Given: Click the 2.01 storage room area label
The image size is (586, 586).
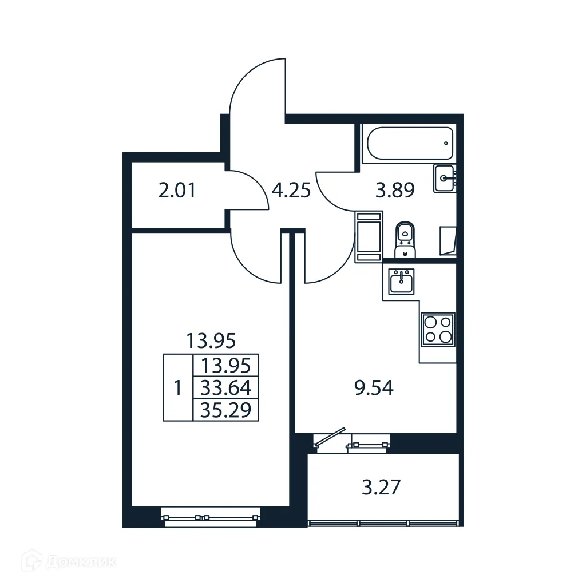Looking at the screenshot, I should pyautogui.click(x=177, y=191).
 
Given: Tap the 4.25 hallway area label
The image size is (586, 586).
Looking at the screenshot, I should pyautogui.click(x=291, y=191).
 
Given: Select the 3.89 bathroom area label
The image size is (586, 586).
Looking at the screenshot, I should pyautogui.click(x=394, y=191).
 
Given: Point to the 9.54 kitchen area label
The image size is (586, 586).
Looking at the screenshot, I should pyautogui.click(x=374, y=390).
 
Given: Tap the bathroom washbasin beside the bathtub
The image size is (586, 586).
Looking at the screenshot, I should pyautogui.click(x=445, y=178).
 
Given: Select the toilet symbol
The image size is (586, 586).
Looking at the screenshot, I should pyautogui.click(x=406, y=239).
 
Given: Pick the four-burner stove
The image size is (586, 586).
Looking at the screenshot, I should pyautogui.click(x=438, y=330).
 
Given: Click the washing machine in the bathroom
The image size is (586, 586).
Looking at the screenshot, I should pyautogui.click(x=369, y=236).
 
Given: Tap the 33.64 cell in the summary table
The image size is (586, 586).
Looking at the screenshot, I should pyautogui.click(x=227, y=389).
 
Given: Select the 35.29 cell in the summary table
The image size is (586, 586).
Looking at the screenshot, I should pyautogui.click(x=227, y=410).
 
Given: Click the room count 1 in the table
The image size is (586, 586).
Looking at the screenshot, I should pyautogui.click(x=178, y=389).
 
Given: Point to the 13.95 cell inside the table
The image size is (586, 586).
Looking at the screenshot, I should pyautogui.click(x=227, y=365).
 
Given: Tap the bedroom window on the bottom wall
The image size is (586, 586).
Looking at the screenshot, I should pyautogui.click(x=210, y=517).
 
